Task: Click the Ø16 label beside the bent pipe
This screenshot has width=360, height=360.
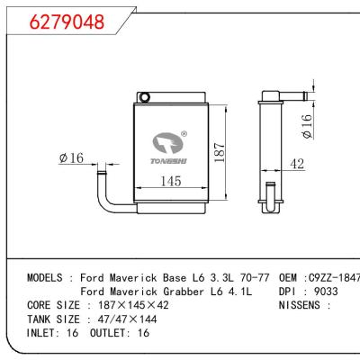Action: point(71,158)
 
